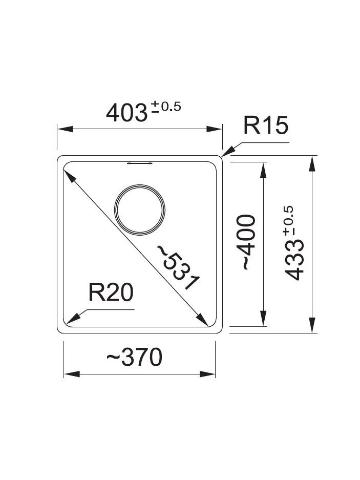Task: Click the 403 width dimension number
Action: [126, 113]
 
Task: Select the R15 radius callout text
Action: [266, 125]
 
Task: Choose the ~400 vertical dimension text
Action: [248, 242]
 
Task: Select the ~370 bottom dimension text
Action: [134, 357]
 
